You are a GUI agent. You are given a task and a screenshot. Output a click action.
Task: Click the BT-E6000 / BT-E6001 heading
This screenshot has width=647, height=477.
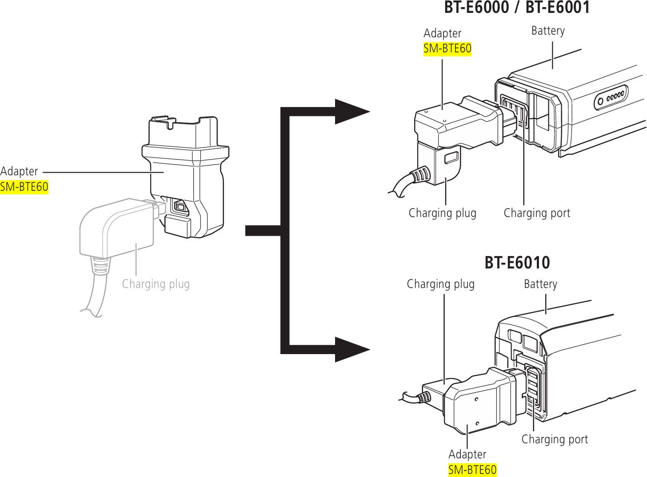pos(517,8)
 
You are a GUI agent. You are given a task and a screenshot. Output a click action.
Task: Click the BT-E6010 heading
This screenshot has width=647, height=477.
pos(517,263)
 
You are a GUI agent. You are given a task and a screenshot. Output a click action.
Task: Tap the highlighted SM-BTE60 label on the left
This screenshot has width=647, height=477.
pos(24,187)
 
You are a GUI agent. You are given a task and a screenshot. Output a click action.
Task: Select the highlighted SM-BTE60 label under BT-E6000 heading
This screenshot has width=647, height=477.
pos(447,48)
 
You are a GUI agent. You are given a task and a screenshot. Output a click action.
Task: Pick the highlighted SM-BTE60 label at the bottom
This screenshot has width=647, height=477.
pos(472,469)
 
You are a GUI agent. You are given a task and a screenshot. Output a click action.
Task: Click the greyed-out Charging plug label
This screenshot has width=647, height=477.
pos(156,284)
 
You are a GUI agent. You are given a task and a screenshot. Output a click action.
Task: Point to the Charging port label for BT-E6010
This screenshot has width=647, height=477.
pos(554,439)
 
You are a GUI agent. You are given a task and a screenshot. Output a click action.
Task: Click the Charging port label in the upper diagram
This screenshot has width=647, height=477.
pos(536,213)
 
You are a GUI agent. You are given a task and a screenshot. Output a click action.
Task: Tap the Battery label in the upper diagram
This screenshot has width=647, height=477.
pos(547,31)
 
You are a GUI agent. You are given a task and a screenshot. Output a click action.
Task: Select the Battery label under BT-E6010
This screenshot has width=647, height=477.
pos(540,284)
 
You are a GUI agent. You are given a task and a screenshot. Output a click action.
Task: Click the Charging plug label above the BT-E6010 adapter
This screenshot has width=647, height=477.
pos(440,284)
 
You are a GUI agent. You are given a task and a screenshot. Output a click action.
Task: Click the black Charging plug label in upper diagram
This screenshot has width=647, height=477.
pos(442,213)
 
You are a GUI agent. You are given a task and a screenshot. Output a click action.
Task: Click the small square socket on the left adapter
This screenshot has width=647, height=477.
pos(180,206)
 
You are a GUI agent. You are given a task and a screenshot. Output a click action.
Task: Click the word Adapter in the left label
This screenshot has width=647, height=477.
pos(19,171)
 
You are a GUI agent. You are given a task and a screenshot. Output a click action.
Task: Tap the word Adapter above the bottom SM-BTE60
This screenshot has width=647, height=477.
pos(467,454)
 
